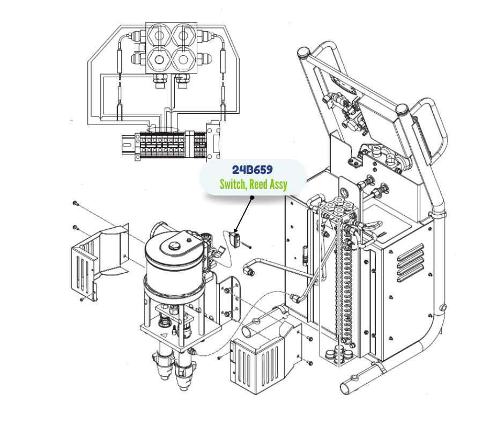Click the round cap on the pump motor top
click(173, 246)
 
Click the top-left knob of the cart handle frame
click(302, 53)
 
